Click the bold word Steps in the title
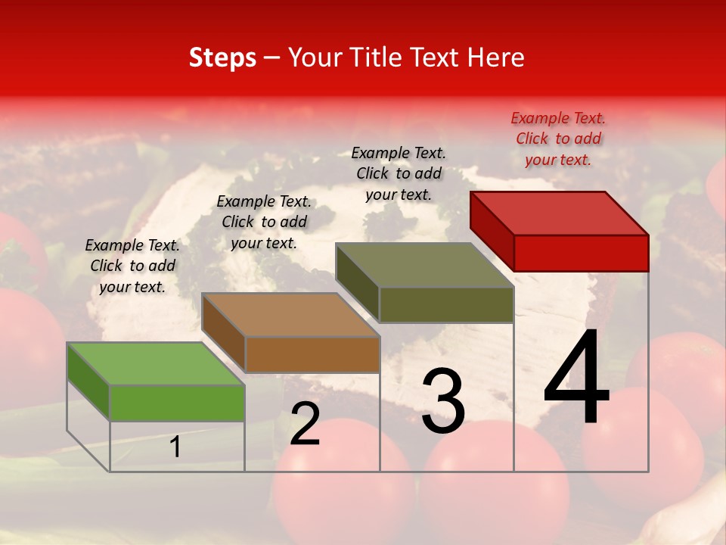tap(222, 58)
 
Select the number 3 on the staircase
tap(442, 401)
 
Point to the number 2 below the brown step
tap(305, 424)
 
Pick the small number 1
tap(175, 447)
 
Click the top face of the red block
tap(560, 213)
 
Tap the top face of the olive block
tap(425, 265)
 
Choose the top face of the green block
tap(156, 364)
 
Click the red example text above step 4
tap(558, 139)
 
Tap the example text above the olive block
tap(399, 173)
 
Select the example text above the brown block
tap(264, 222)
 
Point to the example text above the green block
tap(132, 266)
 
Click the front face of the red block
tap(581, 253)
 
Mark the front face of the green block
tap(177, 403)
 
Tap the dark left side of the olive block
tap(357, 283)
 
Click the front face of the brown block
tap(312, 354)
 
